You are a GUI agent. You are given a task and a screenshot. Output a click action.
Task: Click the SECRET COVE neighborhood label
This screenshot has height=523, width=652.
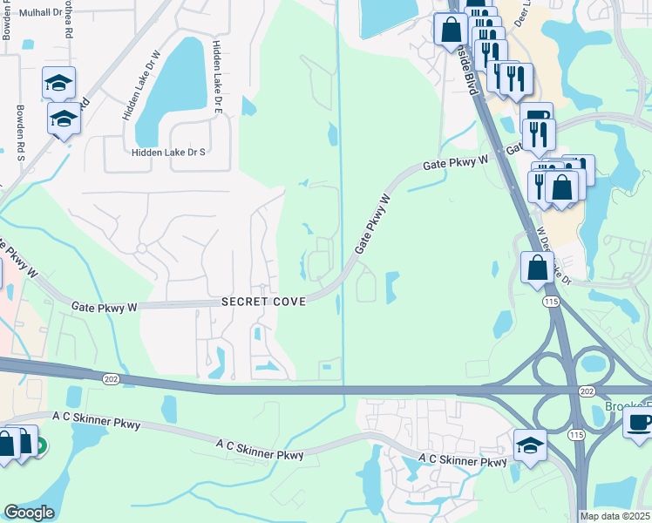pos(263,302)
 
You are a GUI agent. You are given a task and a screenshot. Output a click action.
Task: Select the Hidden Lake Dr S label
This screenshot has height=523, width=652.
pos(167,152)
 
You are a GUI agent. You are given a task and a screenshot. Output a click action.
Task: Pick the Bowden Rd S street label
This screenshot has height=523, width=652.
pos(20,133)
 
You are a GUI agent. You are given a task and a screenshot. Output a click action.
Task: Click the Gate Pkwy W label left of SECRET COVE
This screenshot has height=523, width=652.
pos(105,307)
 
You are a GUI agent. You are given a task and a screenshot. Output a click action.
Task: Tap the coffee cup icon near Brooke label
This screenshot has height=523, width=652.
pos(639,424)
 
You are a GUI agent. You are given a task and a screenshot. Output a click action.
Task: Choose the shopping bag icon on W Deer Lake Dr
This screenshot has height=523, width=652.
pos(537,267)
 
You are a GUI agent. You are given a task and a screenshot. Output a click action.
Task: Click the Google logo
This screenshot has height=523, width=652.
pos(29,513)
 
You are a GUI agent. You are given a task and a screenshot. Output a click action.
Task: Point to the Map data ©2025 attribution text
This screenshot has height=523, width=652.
pos(615,516)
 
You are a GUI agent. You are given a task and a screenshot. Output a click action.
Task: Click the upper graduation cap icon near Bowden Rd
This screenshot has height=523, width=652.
pos(58,84)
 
